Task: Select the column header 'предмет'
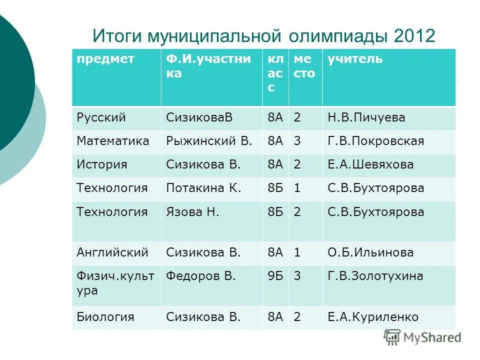(x=105, y=59)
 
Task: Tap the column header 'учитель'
(x=355, y=59)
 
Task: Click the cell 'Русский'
(x=101, y=118)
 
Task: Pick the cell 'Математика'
(x=113, y=141)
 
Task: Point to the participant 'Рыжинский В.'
(x=209, y=141)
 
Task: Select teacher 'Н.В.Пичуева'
(x=366, y=118)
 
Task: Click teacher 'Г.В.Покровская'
(x=376, y=141)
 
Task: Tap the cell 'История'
(x=102, y=165)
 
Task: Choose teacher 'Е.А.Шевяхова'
(x=370, y=165)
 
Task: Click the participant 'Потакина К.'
(x=203, y=188)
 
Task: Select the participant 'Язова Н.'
(x=192, y=212)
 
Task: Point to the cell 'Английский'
(x=112, y=252)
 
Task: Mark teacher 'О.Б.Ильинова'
(x=370, y=252)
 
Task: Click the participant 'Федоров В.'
(x=200, y=276)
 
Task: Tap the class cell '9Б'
(x=275, y=276)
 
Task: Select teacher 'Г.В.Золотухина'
(x=375, y=276)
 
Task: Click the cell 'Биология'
(x=105, y=317)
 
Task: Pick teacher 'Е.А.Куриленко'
(x=373, y=317)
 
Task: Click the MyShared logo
(x=422, y=337)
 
